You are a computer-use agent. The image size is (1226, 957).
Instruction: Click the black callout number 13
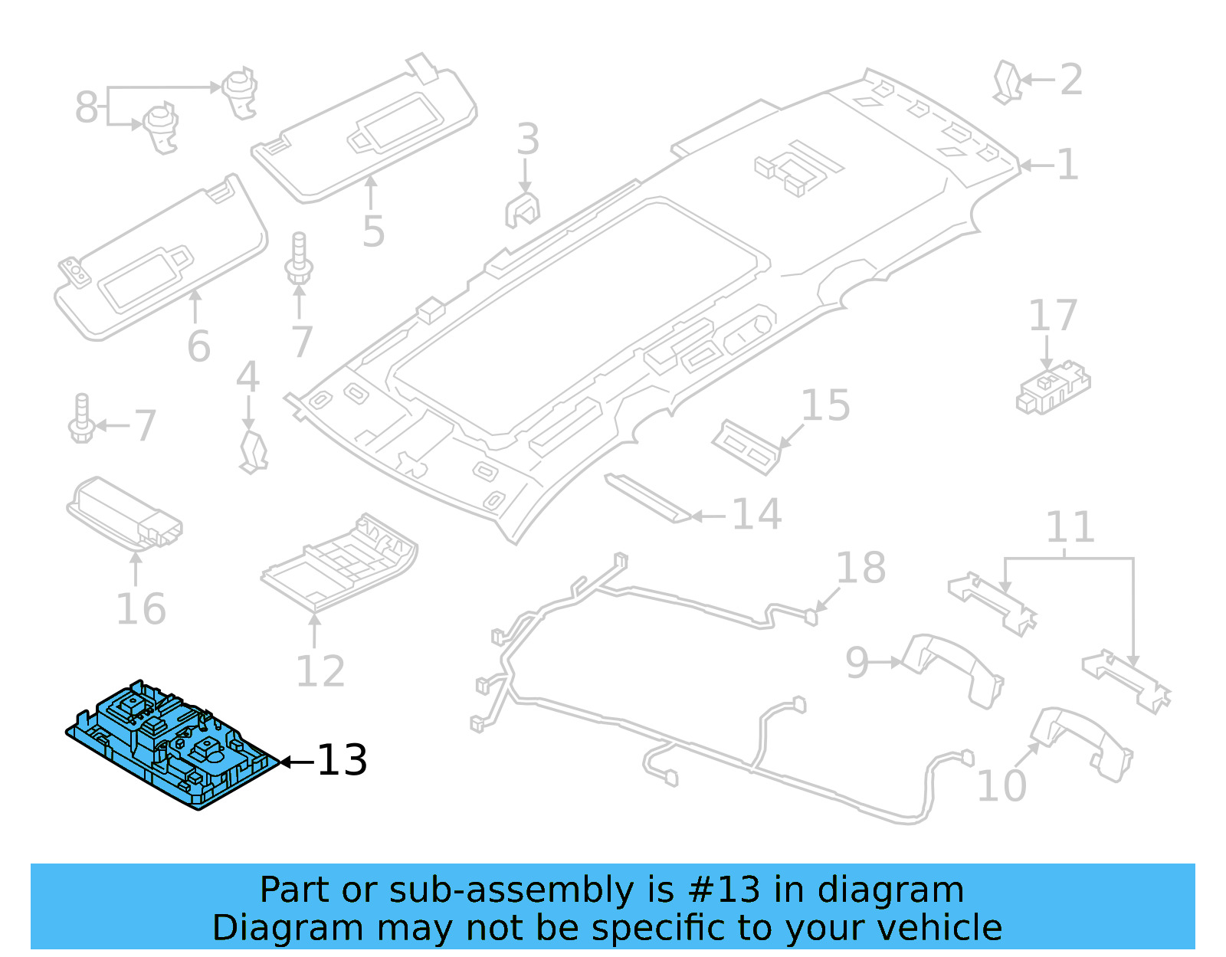pyautogui.click(x=342, y=760)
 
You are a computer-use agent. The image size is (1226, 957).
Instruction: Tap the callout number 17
pyautogui.click(x=1052, y=316)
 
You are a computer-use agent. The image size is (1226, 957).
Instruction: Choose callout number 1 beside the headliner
pyautogui.click(x=1067, y=165)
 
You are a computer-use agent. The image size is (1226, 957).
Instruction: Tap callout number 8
pyautogui.click(x=87, y=107)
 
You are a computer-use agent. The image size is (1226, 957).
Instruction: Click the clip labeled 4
pyautogui.click(x=253, y=451)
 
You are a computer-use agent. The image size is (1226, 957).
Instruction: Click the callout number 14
pyautogui.click(x=757, y=514)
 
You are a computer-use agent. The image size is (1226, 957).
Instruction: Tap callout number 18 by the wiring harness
pyautogui.click(x=860, y=569)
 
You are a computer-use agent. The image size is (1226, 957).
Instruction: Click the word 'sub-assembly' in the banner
pyautogui.click(x=511, y=890)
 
